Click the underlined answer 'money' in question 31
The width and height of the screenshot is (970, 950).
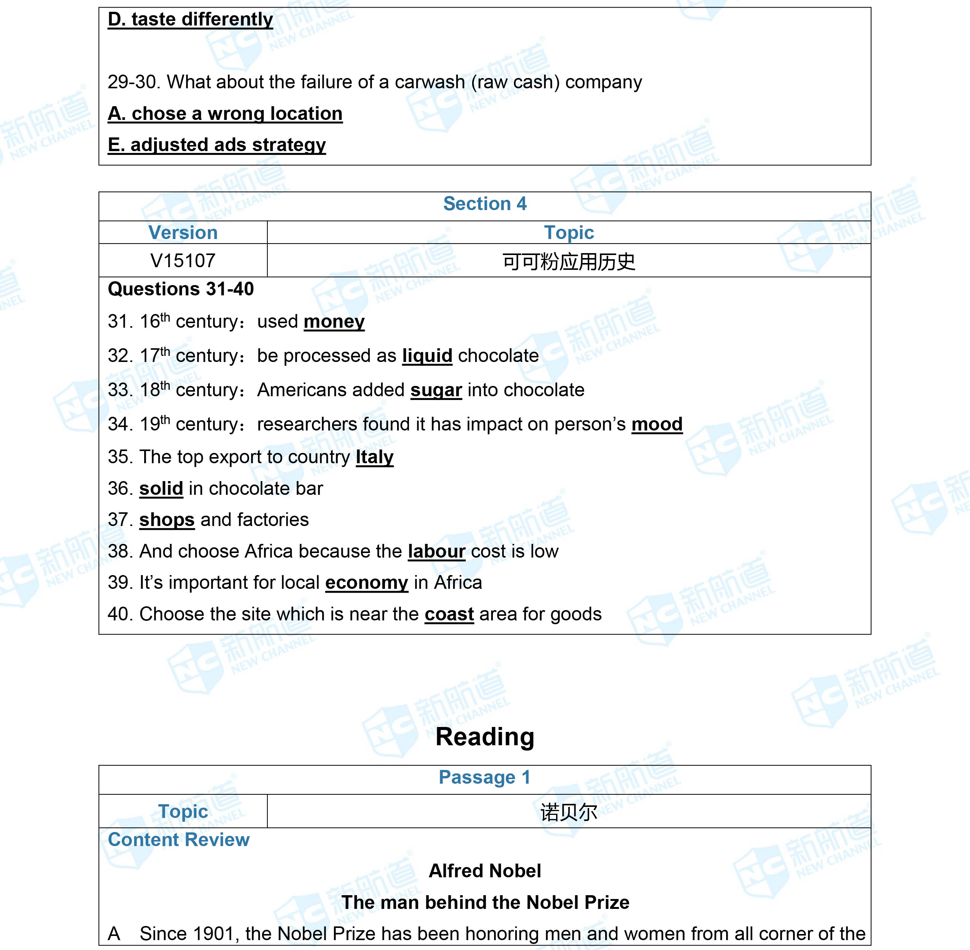(334, 322)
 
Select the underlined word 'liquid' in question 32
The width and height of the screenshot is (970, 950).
(427, 356)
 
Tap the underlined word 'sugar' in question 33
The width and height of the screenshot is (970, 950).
(436, 390)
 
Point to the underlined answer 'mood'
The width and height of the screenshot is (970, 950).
(656, 424)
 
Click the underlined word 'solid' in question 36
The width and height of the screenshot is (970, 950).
(161, 488)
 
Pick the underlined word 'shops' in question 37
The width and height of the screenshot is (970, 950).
(167, 520)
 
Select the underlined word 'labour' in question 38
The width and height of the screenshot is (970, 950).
(436, 552)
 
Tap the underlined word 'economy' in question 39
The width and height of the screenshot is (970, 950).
(367, 583)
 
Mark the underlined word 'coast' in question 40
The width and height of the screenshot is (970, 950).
(449, 614)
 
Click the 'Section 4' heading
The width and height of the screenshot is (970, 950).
(485, 204)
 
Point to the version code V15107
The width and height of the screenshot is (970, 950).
(183, 260)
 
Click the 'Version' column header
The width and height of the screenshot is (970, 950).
(183, 233)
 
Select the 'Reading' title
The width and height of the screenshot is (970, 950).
(485, 736)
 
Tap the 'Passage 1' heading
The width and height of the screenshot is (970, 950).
(485, 777)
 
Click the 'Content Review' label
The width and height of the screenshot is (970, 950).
(178, 840)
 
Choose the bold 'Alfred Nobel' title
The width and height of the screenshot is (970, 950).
(485, 871)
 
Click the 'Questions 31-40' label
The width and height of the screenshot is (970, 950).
(181, 289)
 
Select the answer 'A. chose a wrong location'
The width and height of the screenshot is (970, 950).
(225, 114)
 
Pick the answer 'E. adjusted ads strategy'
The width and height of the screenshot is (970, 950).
(216, 145)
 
